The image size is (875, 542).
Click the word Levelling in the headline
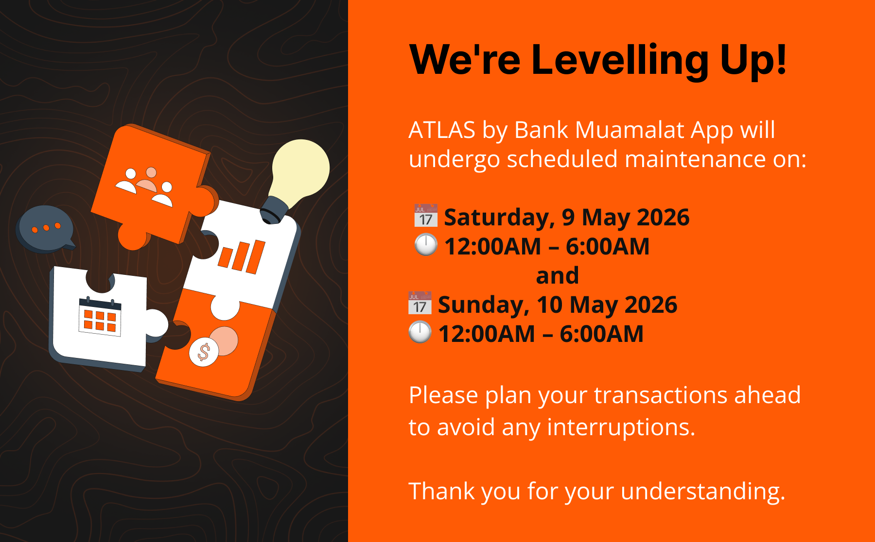coord(620,61)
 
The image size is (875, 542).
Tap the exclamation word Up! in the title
coord(753,60)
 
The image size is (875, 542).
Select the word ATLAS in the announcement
coord(442,130)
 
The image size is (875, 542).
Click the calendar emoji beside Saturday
coord(426,216)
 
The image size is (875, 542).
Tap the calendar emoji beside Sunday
coord(420,304)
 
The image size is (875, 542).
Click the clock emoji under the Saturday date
coord(426,245)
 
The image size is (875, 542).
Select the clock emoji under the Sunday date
coord(420,333)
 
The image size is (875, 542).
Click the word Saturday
coord(499,218)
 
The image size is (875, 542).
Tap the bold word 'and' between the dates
coord(558,275)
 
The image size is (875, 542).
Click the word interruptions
coord(621,427)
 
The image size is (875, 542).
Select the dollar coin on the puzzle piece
coord(204,352)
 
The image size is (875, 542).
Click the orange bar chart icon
coord(242,256)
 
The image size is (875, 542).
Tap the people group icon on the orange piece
coord(144,186)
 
